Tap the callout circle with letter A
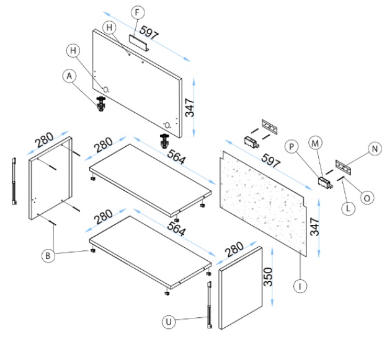(69, 76)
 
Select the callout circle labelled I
(299, 286)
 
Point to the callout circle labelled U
(167, 322)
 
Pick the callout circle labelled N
(373, 149)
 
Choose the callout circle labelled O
(367, 198)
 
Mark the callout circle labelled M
(316, 144)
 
